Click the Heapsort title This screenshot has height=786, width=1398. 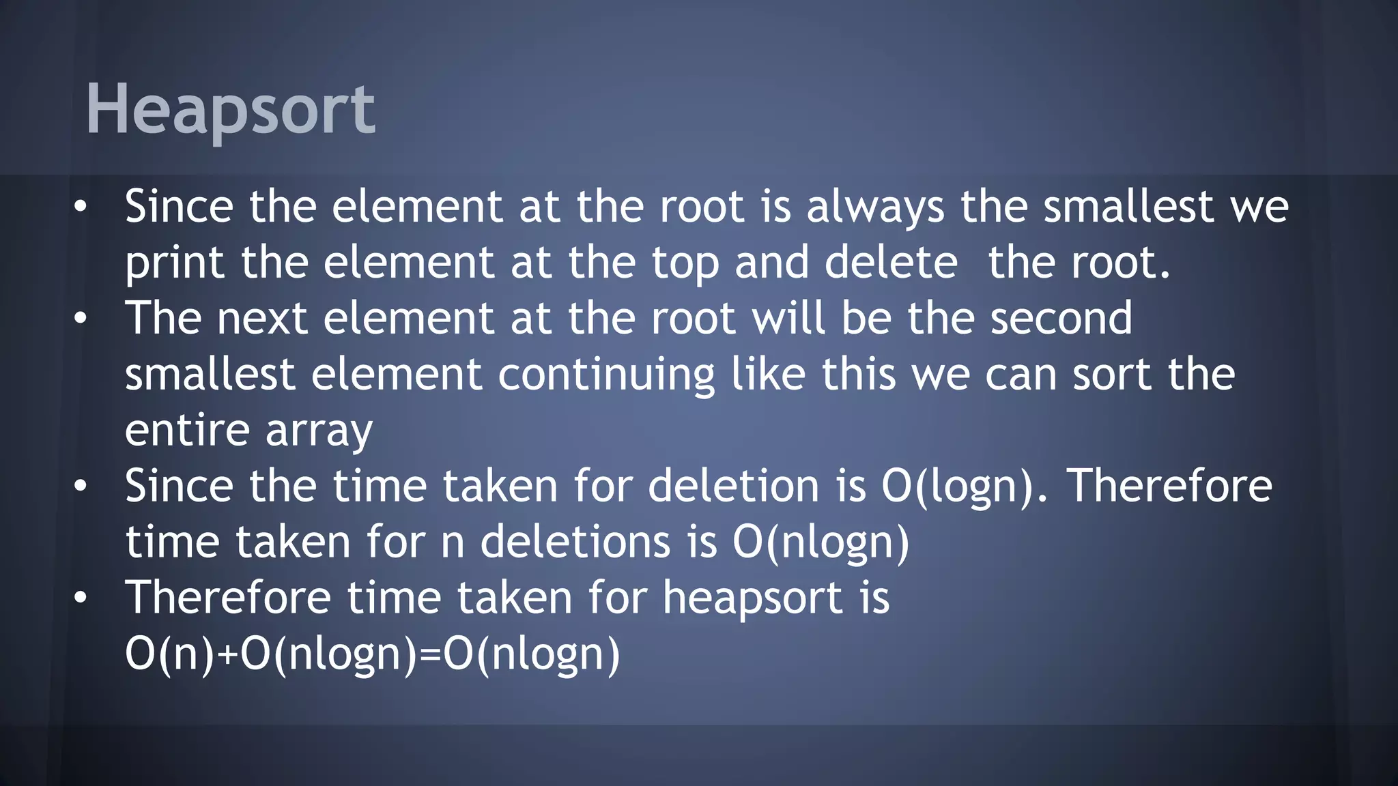click(230, 109)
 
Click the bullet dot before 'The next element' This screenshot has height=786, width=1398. click(81, 318)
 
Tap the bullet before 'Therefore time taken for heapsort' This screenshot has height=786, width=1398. click(81, 598)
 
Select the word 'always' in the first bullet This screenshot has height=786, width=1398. click(876, 207)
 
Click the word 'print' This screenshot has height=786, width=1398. click(175, 263)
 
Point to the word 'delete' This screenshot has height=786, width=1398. click(891, 263)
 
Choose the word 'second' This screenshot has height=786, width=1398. click(1061, 319)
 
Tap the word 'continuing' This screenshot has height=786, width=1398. click(606, 375)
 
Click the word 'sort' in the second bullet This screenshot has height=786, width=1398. click(1112, 375)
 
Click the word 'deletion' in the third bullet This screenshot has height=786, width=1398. click(733, 486)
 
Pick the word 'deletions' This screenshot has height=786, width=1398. click(575, 542)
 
